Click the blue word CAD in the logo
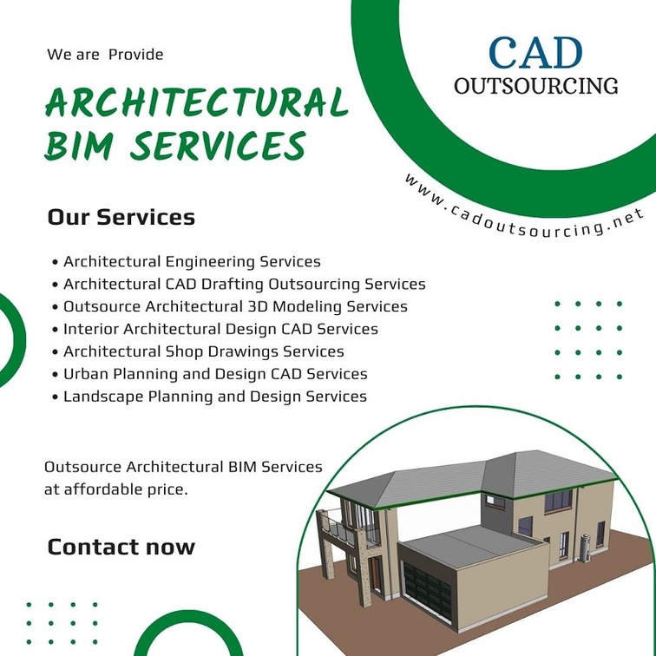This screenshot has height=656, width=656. tap(535, 53)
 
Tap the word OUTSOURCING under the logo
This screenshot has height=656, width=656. tap(536, 86)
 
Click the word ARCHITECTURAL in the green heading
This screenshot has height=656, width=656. tap(197, 102)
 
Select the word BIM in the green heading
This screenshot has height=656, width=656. tap(79, 145)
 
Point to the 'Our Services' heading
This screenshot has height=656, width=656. tap(121, 217)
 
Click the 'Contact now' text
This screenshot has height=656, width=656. tap(121, 547)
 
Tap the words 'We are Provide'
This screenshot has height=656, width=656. tap(105, 55)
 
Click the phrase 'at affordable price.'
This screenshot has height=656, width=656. tap(116, 489)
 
